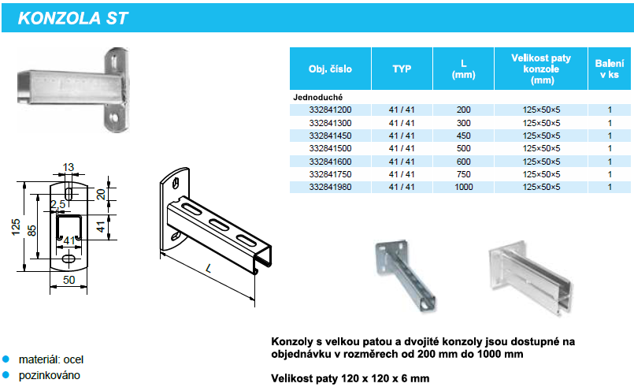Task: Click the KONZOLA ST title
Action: [72, 18]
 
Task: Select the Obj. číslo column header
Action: [330, 69]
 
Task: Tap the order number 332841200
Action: [330, 110]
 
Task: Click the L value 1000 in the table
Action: [463, 187]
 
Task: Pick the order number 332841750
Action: [330, 174]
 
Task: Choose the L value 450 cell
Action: [463, 136]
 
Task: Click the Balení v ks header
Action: [610, 69]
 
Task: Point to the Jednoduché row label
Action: [318, 97]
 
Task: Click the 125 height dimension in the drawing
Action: [16, 227]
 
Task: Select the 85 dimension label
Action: [32, 230]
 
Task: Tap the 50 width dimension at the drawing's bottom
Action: [69, 280]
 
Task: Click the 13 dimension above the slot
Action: [69, 167]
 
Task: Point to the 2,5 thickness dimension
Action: [57, 204]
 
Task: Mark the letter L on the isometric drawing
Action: [209, 268]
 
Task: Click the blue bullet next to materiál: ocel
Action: [6, 359]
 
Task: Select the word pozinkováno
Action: [50, 375]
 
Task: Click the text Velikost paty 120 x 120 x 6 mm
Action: [350, 378]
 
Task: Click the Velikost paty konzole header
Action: [541, 69]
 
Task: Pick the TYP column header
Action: [402, 69]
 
